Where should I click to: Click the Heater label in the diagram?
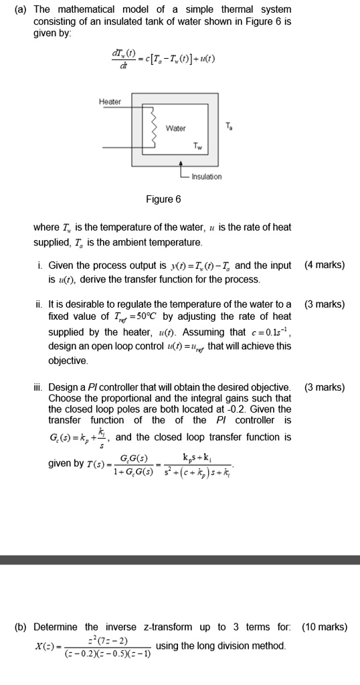[x=110, y=102]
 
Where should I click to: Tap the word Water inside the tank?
[x=176, y=128]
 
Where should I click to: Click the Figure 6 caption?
[x=163, y=199]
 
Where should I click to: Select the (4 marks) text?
[x=325, y=265]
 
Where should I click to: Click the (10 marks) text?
[x=325, y=627]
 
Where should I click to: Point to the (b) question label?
[x=22, y=627]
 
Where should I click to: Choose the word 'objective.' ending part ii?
[x=68, y=360]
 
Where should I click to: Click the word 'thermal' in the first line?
[x=219, y=9]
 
